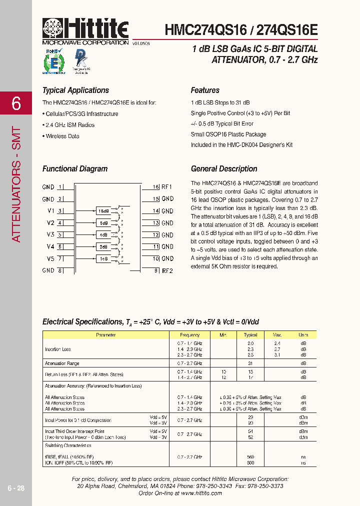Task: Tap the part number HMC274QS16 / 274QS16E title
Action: (x=241, y=29)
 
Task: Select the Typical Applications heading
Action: (x=75, y=90)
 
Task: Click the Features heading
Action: (x=205, y=90)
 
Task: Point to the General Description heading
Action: (x=224, y=169)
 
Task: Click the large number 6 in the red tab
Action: (x=16, y=103)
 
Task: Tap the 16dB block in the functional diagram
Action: (x=103, y=211)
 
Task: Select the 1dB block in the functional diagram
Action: (x=103, y=258)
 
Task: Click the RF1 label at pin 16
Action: (x=167, y=187)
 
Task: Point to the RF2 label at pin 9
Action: (x=167, y=270)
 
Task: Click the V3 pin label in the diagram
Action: (x=50, y=234)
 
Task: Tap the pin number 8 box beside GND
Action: (x=60, y=270)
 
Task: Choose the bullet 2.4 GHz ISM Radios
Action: (x=69, y=125)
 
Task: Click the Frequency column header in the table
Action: (x=189, y=335)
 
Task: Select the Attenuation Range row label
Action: (x=62, y=363)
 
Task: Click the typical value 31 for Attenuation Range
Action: (x=250, y=363)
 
